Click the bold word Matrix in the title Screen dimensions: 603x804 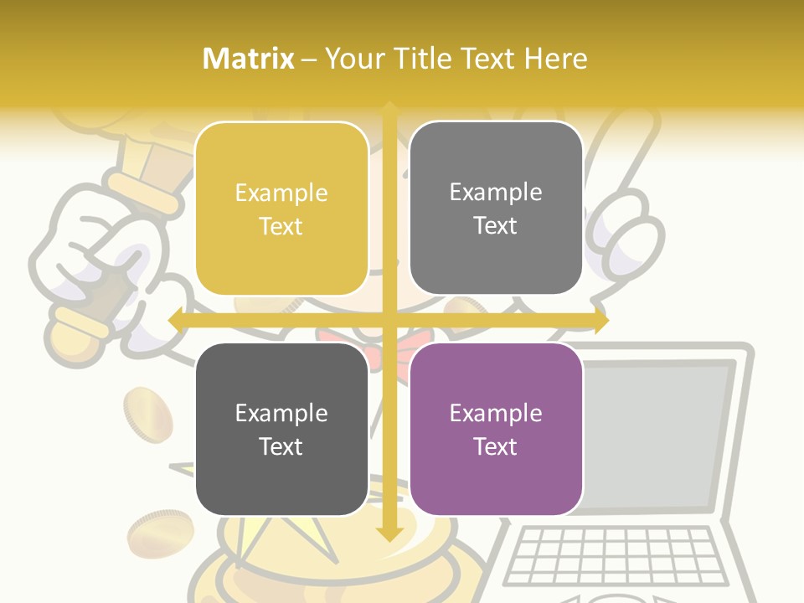[249, 59]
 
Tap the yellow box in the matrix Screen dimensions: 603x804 [281, 209]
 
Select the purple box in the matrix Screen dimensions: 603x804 [496, 429]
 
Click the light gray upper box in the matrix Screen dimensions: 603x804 [496, 208]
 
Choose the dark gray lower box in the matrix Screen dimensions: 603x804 [281, 429]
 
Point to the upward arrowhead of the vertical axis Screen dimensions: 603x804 [389, 109]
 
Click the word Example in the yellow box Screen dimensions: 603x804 [281, 193]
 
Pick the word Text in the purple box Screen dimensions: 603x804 [496, 446]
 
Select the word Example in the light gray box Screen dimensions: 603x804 [496, 193]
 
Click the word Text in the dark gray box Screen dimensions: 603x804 [281, 446]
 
